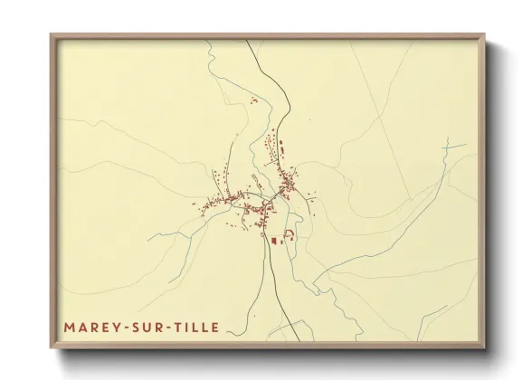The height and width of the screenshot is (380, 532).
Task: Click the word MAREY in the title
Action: [91, 328]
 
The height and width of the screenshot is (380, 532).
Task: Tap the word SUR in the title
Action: [148, 328]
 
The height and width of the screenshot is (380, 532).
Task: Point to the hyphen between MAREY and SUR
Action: [124, 328]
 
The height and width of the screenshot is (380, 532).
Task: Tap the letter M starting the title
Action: [69, 328]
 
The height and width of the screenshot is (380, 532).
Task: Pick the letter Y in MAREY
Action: [114, 328]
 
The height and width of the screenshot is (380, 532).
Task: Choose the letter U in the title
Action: [148, 328]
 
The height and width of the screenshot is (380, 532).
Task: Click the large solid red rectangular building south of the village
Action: [276, 241]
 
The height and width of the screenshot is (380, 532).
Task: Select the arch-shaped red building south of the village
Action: [290, 235]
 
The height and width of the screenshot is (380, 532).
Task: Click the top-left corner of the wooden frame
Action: [52, 35]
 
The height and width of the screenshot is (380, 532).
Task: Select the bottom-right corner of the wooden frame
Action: [485, 349]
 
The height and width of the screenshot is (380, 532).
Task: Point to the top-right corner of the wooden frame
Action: [485, 35]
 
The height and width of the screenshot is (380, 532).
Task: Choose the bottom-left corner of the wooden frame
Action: [52, 349]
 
